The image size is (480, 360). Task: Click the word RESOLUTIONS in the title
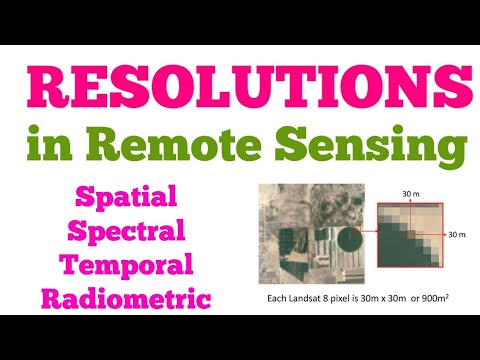(240, 92)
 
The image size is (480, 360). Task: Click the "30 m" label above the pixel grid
(411, 193)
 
